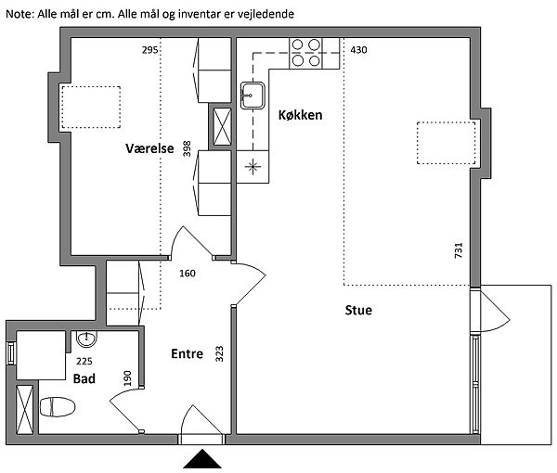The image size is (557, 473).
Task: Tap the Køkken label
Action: (x=300, y=115)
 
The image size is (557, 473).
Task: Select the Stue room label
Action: (x=357, y=310)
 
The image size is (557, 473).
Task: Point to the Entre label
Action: (x=187, y=353)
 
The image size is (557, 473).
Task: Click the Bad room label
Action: (x=84, y=378)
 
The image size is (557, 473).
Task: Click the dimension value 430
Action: (x=358, y=49)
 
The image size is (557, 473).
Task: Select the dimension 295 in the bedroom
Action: (x=150, y=49)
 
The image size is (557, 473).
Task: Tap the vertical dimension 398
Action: (x=188, y=149)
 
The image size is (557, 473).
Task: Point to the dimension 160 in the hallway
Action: (x=188, y=274)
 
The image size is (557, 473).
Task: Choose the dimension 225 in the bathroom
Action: (x=84, y=362)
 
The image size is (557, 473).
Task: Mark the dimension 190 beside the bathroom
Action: (x=128, y=378)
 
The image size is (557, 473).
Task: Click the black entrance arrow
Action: (x=202, y=461)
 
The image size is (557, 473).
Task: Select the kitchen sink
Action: (x=252, y=95)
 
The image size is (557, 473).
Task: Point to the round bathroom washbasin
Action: (x=85, y=338)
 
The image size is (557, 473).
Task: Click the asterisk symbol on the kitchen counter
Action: (x=253, y=166)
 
